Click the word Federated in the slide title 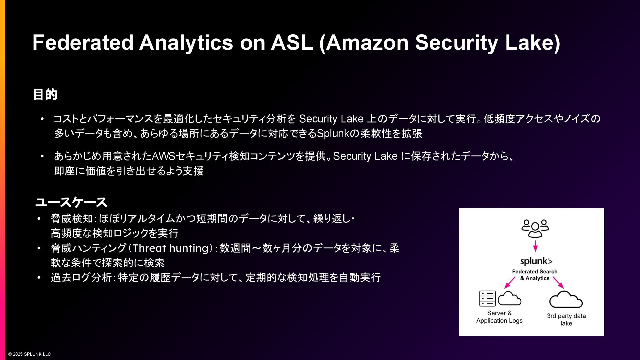(83, 43)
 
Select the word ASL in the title (292, 43)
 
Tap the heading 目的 (45, 95)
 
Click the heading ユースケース (71, 202)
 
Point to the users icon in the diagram (535, 228)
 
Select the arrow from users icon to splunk (535, 246)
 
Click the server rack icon (487, 298)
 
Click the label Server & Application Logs (499, 317)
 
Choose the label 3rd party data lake (566, 319)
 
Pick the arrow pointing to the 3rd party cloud (558, 283)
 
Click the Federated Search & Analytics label (535, 275)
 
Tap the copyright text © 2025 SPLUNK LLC (30, 354)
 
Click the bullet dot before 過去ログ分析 (39, 277)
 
